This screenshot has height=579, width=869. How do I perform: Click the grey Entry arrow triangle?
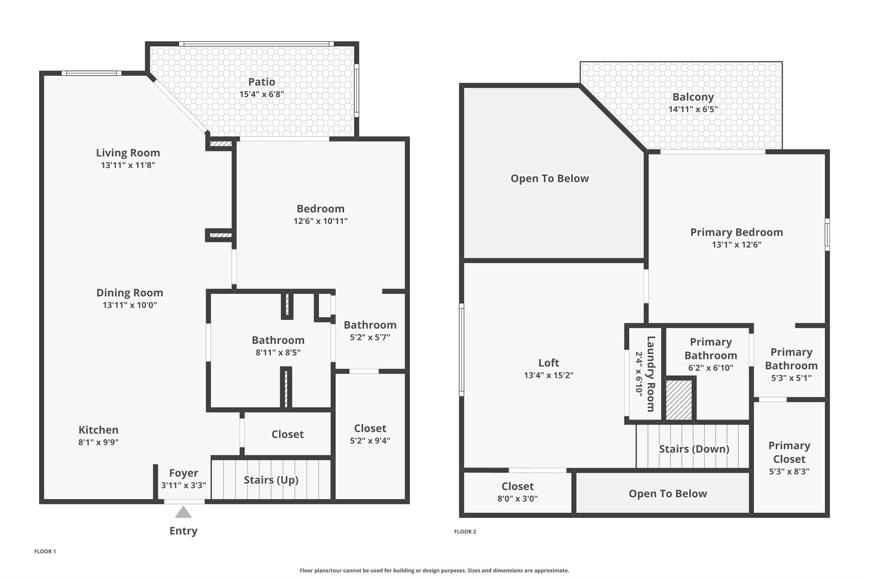(183, 513)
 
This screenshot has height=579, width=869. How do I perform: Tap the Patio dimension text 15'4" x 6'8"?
(261, 94)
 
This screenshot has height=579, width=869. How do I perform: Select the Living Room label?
(128, 153)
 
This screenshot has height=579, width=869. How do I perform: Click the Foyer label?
(183, 473)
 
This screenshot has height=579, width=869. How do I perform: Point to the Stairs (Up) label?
(271, 480)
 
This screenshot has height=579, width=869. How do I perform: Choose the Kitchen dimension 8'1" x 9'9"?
(98, 442)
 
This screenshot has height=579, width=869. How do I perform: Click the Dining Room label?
(129, 293)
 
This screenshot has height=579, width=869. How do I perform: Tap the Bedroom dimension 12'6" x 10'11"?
(320, 221)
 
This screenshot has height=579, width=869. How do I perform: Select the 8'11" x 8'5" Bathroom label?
(278, 340)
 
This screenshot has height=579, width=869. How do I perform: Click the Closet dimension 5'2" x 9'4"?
(370, 441)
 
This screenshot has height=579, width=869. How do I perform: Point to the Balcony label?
(693, 97)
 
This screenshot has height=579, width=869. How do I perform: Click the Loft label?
(549, 363)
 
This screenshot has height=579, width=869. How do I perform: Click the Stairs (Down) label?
(694, 449)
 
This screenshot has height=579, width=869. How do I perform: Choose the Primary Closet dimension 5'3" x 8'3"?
(789, 471)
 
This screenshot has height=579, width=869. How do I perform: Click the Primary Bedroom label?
(736, 232)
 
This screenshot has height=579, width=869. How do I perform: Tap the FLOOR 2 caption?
(465, 531)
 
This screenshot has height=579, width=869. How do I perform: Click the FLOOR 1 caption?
(45, 551)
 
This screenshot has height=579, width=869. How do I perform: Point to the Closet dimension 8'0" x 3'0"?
(517, 499)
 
